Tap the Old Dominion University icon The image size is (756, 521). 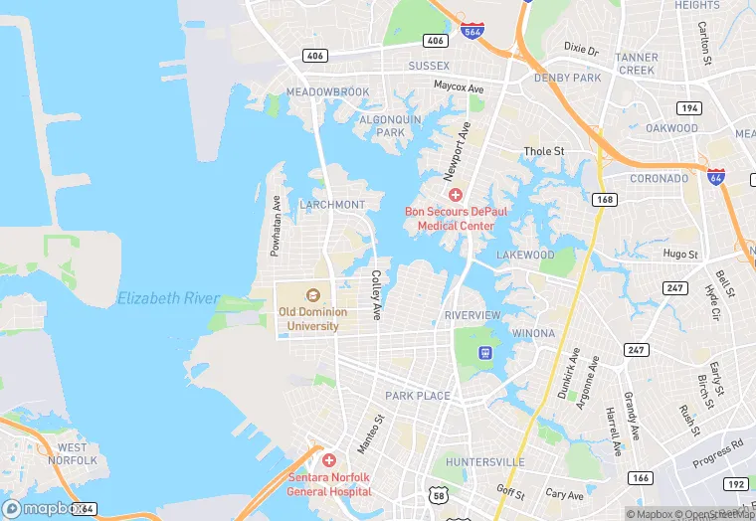312,294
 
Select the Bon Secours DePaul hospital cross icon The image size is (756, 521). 456,195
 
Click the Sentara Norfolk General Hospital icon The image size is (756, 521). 329,460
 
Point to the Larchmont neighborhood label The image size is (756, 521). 332,204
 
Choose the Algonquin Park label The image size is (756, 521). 382,125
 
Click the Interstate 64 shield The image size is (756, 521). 715,177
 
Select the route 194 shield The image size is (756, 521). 688,106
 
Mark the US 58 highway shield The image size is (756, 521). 441,494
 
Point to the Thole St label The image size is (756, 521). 544,152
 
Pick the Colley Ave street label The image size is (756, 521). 376,295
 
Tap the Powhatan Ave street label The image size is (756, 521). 276,226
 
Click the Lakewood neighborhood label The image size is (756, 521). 525,255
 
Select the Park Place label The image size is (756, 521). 418,396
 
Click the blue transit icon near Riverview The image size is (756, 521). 485,353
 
